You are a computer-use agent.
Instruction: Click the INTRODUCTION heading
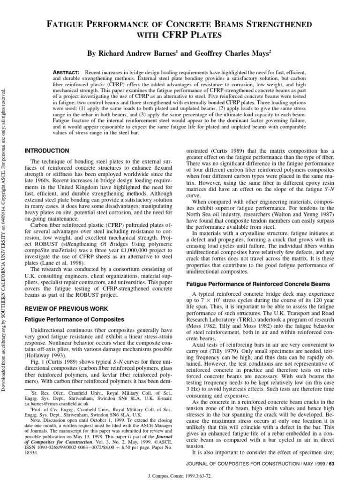coord(46,150)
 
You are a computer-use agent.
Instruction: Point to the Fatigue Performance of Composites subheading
coord(74,319)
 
